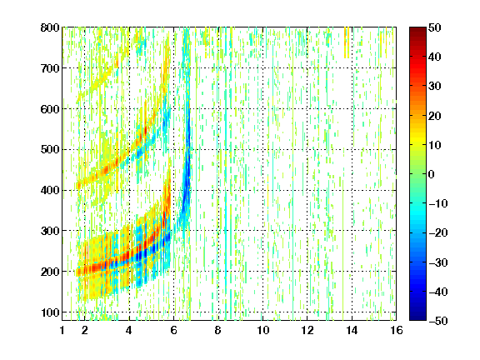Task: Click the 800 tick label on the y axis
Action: click(50, 27)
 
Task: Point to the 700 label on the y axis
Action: click(50, 68)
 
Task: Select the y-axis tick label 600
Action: click(50, 109)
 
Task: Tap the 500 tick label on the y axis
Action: click(50, 150)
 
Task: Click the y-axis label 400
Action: click(50, 190)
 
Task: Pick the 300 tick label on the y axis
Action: click(50, 231)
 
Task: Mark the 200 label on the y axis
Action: click(50, 272)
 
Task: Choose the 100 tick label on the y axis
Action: click(50, 312)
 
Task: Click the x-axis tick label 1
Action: click(62, 330)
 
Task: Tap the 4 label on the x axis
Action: click(129, 330)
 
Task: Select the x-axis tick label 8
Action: click(218, 330)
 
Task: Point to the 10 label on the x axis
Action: click(262, 330)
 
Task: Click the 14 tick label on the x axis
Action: click(352, 330)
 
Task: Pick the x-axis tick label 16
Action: click(397, 330)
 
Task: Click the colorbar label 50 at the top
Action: click(435, 27)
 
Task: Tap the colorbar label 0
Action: click(432, 174)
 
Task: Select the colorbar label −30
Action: click(438, 262)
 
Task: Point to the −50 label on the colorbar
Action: click(438, 321)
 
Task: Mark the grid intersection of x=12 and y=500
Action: click(307, 150)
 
